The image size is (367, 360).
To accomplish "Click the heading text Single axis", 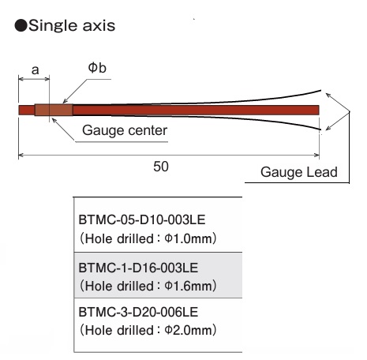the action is (72, 26).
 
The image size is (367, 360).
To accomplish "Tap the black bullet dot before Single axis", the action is (21, 26).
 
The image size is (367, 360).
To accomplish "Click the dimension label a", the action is (35, 70).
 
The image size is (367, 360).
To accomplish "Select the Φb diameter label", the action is (97, 68).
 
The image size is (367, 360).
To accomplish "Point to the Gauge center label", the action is (125, 130).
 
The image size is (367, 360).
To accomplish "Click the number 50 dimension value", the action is (161, 167).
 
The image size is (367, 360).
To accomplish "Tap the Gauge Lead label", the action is (299, 172).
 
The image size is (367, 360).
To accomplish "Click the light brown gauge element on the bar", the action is (54, 110).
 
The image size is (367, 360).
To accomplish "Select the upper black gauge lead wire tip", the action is (320, 91).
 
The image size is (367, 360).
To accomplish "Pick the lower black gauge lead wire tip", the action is (320, 129).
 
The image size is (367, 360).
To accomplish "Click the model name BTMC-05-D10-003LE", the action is (142, 219).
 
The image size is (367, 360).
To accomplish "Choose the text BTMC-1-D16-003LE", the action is (138, 268).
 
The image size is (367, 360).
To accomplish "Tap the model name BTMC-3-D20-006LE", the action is (138, 312).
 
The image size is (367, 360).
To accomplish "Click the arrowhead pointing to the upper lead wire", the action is (328, 95).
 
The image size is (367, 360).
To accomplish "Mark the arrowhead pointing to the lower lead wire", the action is (328, 129).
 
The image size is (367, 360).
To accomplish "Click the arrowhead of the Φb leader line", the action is (64, 102).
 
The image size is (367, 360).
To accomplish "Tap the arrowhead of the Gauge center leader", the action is (54, 120).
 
